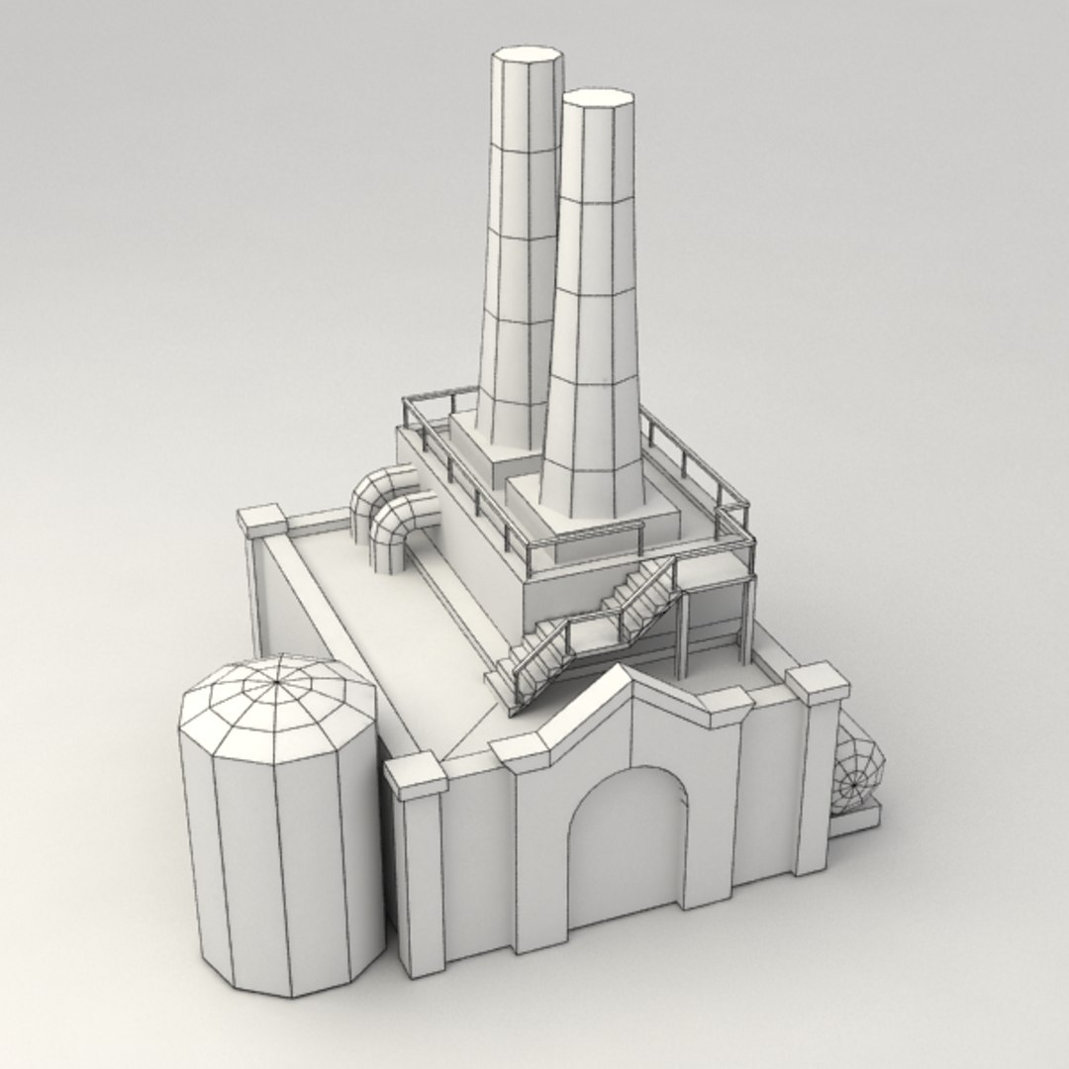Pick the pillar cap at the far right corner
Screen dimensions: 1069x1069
pos(818,683)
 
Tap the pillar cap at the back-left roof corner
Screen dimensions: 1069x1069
pos(261,521)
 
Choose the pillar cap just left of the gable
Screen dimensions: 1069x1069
pos(521,753)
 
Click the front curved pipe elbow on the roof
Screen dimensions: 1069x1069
pos(401,530)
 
